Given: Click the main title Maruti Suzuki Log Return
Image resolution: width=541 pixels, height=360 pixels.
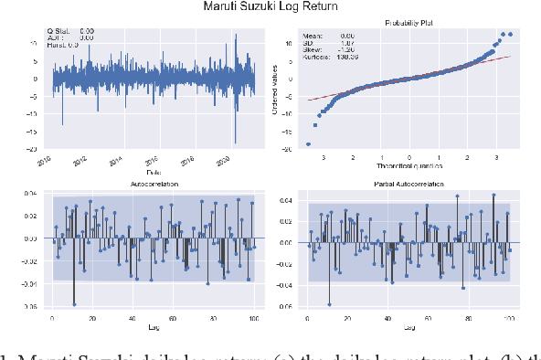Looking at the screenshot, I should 270,7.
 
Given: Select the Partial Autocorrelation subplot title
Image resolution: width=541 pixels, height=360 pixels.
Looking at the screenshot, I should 408,184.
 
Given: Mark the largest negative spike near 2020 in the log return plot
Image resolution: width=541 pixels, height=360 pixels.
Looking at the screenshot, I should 236,142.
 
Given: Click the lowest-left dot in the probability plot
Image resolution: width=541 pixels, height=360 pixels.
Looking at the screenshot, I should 308,143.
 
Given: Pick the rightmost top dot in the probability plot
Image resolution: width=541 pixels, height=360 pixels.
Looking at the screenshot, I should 510,35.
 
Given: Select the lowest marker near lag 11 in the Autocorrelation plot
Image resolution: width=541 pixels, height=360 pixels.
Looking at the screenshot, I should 74,303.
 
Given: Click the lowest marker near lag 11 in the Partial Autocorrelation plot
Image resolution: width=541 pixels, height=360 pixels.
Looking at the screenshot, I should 329,304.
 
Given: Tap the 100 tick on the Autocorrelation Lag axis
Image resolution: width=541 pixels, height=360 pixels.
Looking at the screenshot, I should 253,320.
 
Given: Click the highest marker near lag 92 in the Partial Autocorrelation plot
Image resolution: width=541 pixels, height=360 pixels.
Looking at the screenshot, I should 493,195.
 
